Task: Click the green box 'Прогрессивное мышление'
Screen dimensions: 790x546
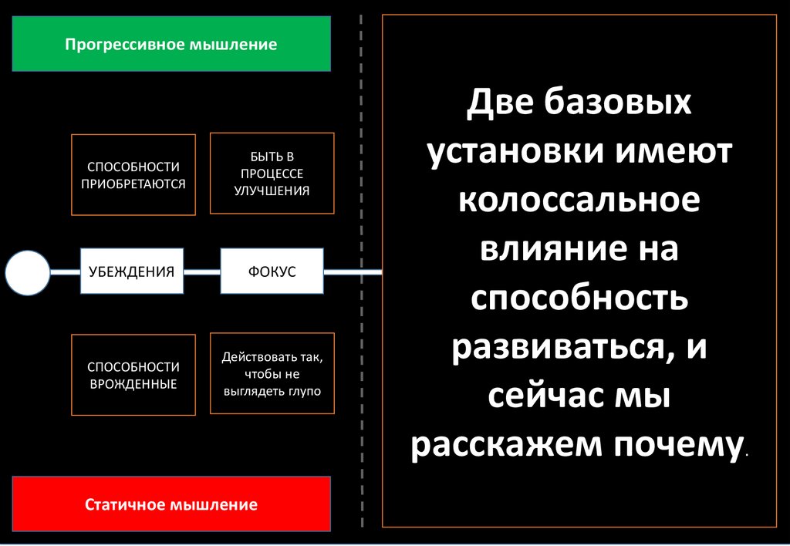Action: (171, 44)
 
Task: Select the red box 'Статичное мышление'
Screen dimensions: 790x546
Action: (171, 505)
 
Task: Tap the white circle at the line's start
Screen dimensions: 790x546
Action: (27, 272)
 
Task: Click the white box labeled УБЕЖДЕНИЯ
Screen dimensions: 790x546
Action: (131, 271)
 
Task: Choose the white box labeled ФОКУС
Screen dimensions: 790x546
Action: (272, 271)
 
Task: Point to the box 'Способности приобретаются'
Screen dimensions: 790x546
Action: (133, 175)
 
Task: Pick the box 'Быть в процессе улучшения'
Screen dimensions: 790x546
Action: (272, 174)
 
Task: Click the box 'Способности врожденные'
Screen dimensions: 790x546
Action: (133, 375)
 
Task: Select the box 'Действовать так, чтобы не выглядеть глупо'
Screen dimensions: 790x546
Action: (272, 374)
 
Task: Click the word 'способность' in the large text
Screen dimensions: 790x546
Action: (579, 298)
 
